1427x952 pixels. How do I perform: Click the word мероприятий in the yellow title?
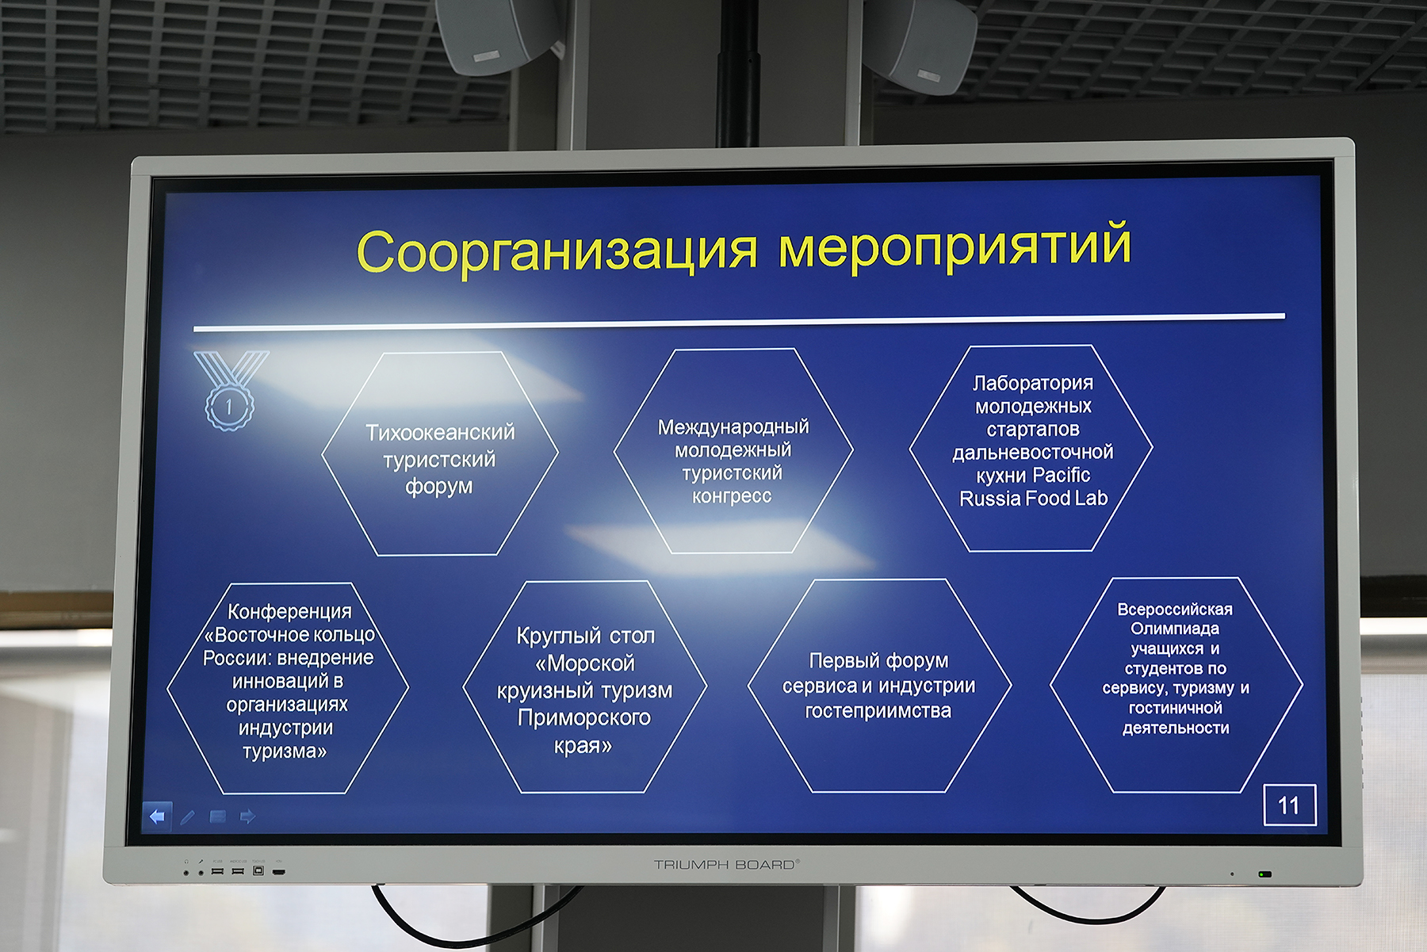pyautogui.click(x=955, y=246)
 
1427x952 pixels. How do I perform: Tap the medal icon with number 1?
pyautogui.click(x=231, y=391)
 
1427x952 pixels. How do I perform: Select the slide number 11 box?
pyautogui.click(x=1289, y=805)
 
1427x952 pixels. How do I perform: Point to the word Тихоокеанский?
pyautogui.click(x=440, y=432)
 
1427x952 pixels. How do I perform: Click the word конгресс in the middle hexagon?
pyautogui.click(x=732, y=497)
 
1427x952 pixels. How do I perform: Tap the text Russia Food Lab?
pyautogui.click(x=1033, y=499)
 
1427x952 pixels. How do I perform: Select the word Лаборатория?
pyautogui.click(x=1033, y=383)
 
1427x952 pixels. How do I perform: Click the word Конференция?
pyautogui.click(x=289, y=611)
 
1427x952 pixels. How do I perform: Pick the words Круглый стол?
pyautogui.click(x=586, y=636)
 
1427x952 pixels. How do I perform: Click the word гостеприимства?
pyautogui.click(x=878, y=711)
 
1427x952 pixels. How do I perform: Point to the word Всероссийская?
pyautogui.click(x=1175, y=609)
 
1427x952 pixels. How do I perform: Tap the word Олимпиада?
pyautogui.click(x=1175, y=629)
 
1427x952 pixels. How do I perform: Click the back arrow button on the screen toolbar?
pyautogui.click(x=157, y=816)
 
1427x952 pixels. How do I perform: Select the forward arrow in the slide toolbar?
pyautogui.click(x=247, y=816)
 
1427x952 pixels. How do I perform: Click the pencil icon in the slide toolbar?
pyautogui.click(x=187, y=816)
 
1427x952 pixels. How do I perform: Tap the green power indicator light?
pyautogui.click(x=1265, y=874)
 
